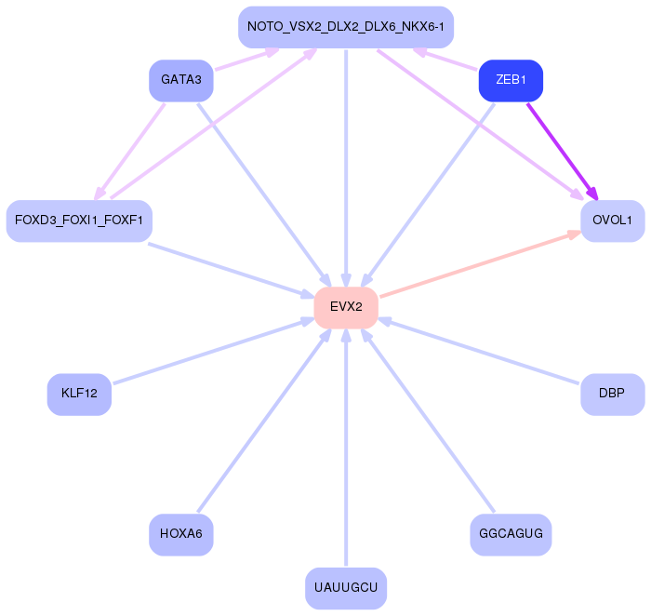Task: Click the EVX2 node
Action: pos(346,307)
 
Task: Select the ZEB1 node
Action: pos(511,81)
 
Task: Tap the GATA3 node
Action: pos(181,81)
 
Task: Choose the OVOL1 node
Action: pos(612,221)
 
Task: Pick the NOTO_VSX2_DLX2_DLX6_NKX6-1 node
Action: pos(346,27)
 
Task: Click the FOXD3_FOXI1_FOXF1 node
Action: pos(79,221)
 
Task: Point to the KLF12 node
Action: pos(79,394)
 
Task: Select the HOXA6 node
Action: pos(181,534)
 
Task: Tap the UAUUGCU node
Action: pos(346,588)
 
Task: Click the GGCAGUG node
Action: pos(511,534)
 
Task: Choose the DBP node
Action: pos(612,394)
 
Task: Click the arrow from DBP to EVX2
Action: pos(479,350)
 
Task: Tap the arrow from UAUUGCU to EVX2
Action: pos(346,447)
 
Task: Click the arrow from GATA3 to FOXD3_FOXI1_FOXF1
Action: pos(130,149)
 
